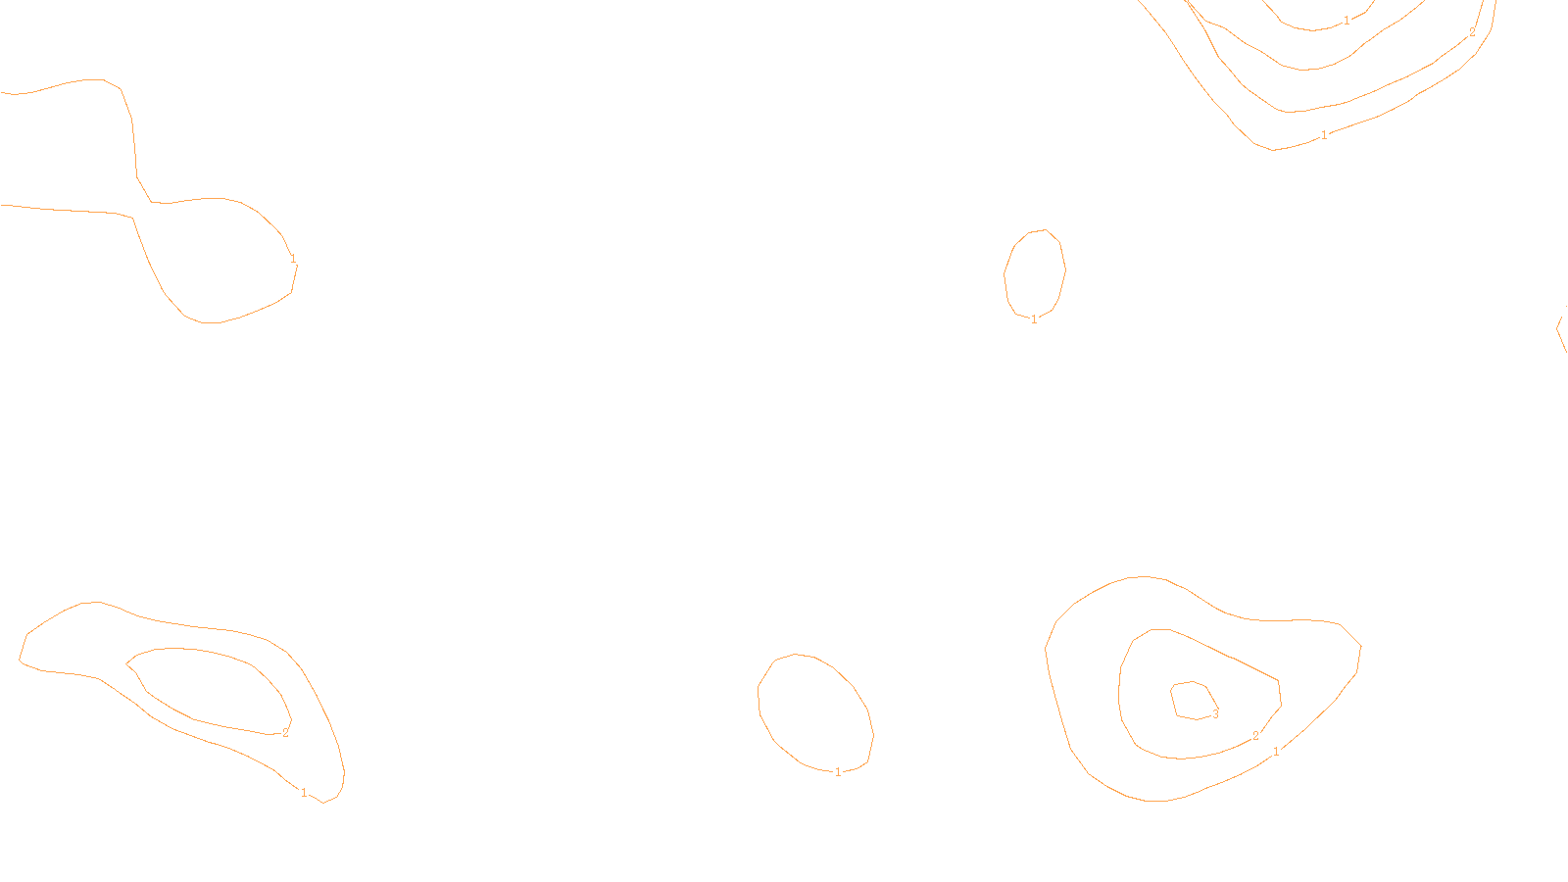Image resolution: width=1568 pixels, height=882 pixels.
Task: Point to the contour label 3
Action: pyautogui.click(x=1215, y=713)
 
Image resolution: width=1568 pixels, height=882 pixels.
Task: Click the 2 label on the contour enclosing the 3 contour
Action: pyautogui.click(x=1255, y=736)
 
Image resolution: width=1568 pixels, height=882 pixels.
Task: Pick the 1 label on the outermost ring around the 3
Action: pyautogui.click(x=1276, y=752)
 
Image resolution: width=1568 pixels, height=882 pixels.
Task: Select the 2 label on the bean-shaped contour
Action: pyautogui.click(x=285, y=732)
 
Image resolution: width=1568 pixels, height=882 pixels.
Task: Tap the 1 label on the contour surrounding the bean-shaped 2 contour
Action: pyautogui.click(x=304, y=792)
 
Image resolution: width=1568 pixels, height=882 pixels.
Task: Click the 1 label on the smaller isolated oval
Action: pyautogui.click(x=1034, y=318)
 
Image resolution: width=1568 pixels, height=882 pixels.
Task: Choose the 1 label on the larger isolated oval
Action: pyautogui.click(x=838, y=771)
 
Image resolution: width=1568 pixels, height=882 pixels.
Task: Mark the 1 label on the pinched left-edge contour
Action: pyautogui.click(x=293, y=259)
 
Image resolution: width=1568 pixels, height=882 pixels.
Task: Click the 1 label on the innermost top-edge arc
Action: pyautogui.click(x=1347, y=20)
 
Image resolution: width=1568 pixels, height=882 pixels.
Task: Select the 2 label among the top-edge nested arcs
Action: pyautogui.click(x=1472, y=32)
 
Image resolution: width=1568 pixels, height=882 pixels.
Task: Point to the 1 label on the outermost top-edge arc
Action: pyautogui.click(x=1325, y=134)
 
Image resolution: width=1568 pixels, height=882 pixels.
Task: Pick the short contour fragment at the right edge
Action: pyautogui.click(x=1560, y=328)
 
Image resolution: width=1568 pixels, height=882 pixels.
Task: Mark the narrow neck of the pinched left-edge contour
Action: pyautogui.click(x=143, y=196)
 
